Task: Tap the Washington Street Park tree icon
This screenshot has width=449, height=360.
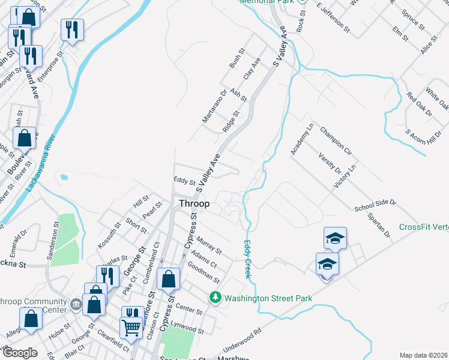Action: tap(215, 298)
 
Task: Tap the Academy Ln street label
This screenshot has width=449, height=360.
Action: tap(302, 140)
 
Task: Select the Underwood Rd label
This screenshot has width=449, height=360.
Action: tap(243, 340)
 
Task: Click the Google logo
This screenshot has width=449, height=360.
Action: tap(20, 353)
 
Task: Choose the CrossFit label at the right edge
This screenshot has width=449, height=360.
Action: tap(424, 227)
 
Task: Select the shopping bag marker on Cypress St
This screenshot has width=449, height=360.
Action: tap(169, 278)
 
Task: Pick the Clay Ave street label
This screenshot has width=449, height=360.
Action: tap(252, 68)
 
